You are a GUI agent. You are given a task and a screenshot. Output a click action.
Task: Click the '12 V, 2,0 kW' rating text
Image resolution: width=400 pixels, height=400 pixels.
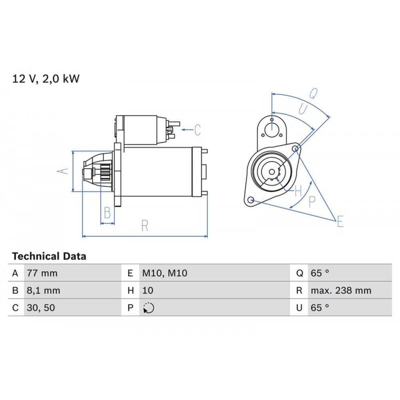46,79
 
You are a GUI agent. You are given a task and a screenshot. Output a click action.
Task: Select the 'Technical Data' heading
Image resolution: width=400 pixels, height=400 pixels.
49,256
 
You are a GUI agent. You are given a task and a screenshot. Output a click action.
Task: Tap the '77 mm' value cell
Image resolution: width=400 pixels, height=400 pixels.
42,274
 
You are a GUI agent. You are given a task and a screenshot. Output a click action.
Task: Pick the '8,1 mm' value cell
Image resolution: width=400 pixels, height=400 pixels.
43,291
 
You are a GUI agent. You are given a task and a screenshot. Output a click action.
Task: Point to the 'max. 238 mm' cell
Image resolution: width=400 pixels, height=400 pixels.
341,291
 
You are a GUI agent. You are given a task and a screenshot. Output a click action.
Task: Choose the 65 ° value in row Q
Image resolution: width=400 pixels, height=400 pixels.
320,274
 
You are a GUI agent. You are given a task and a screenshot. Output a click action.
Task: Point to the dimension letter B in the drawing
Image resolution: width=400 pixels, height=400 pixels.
107,213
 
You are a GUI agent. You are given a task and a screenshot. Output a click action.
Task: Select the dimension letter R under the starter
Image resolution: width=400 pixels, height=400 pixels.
145,226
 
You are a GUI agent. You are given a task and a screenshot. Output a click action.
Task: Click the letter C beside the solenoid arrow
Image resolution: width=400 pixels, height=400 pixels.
197,130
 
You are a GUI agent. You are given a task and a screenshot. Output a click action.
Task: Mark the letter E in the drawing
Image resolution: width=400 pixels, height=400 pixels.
340,221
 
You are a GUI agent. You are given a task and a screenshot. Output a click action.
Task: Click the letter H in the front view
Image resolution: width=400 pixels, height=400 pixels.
298,191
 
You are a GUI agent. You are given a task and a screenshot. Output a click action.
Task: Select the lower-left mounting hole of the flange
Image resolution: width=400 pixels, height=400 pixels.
251,200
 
